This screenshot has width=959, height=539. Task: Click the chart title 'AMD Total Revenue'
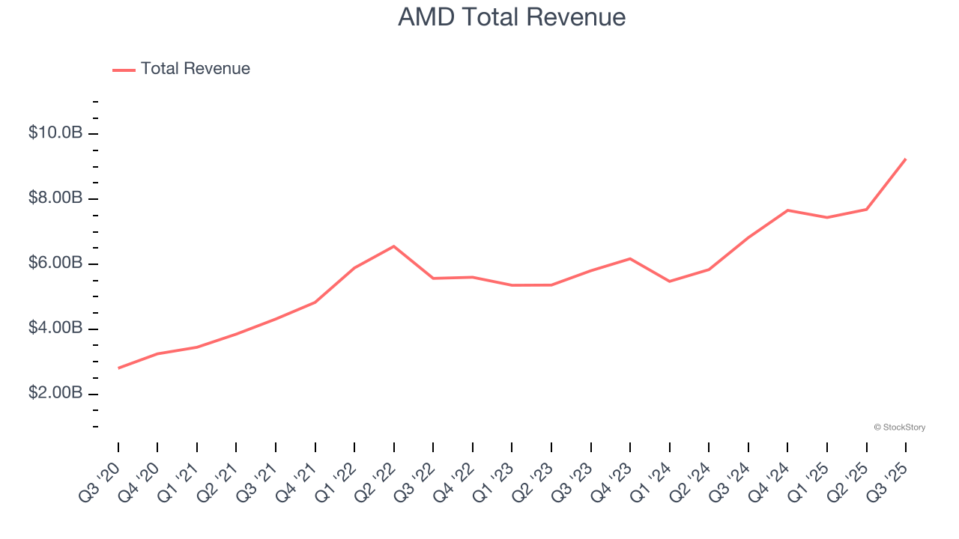(512, 16)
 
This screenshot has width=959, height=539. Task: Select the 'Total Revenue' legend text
(195, 69)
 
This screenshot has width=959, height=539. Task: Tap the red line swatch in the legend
(124, 70)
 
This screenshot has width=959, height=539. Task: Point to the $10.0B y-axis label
(55, 133)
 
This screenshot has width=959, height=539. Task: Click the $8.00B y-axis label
(55, 198)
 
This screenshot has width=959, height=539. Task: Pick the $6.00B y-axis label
(55, 264)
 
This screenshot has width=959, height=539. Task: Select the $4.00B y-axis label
(55, 329)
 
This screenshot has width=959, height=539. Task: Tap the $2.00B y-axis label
(55, 394)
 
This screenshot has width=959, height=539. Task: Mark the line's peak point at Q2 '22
(394, 246)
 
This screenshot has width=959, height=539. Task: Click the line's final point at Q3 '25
(906, 159)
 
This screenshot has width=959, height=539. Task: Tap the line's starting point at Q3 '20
(118, 368)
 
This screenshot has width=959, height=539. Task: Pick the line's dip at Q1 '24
(669, 281)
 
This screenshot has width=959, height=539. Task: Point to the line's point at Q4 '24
(787, 210)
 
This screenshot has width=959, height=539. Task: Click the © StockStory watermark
(899, 427)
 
